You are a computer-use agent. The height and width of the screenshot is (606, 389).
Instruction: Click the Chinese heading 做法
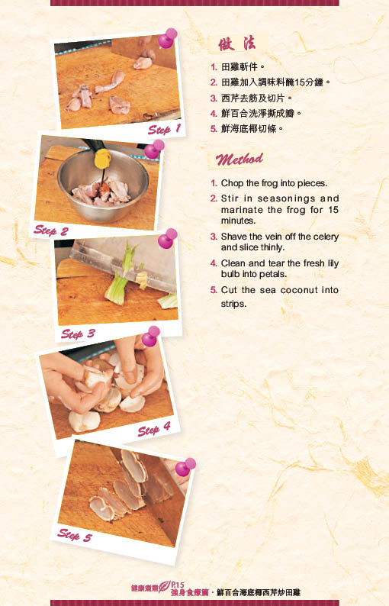236,44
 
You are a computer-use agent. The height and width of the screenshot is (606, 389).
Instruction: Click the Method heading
239,159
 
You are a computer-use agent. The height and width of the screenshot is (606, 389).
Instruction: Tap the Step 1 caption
164,129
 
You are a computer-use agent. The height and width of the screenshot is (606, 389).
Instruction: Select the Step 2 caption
50,230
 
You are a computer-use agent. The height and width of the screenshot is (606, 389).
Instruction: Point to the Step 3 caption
78,334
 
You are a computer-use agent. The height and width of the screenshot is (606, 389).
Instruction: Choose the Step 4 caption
154,429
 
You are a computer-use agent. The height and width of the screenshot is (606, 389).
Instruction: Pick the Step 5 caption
75,535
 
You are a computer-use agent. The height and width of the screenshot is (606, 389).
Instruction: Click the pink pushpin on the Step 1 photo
167,38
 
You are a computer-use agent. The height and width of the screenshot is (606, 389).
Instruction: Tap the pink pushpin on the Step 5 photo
185,467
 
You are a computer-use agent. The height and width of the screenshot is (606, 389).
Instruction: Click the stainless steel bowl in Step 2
103,185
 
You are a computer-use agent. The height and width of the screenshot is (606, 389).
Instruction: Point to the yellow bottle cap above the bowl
102,159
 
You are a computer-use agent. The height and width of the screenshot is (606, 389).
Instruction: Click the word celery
326,237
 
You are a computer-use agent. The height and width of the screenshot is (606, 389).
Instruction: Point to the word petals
274,274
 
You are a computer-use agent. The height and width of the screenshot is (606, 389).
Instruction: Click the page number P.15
178,585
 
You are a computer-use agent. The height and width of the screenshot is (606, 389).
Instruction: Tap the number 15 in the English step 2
333,210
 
